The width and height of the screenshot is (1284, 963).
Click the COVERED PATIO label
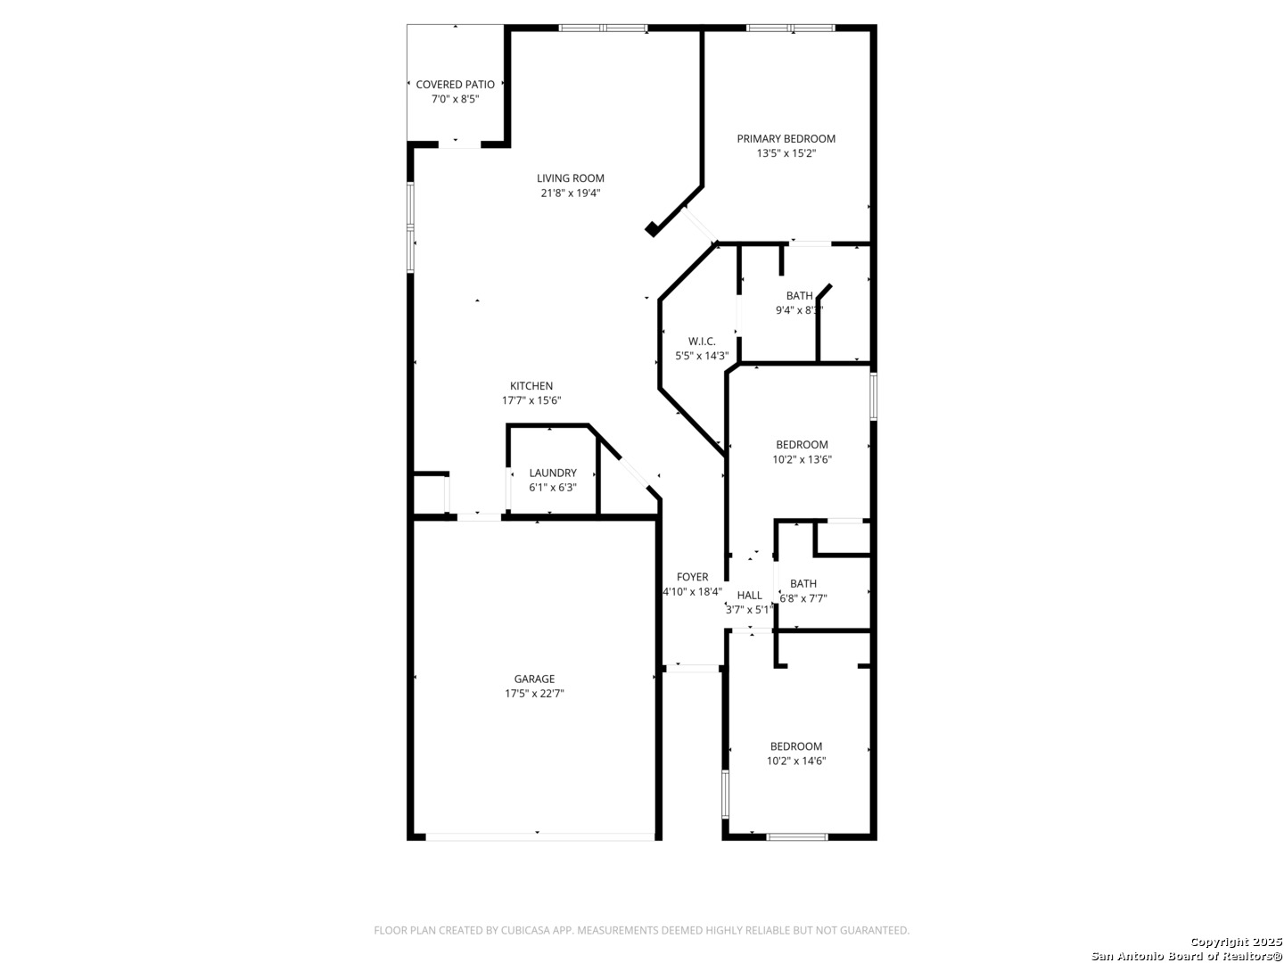(455, 84)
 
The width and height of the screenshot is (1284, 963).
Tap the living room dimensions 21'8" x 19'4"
(571, 193)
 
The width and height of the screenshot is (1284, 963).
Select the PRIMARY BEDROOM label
(786, 138)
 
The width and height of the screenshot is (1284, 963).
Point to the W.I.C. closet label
(702, 341)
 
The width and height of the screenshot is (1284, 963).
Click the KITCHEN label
(531, 386)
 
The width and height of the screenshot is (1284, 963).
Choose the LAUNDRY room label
(553, 473)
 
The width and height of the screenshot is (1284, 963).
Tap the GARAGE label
(534, 679)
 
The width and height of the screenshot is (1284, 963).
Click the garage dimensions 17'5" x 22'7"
(534, 694)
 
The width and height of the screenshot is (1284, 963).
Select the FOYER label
(692, 577)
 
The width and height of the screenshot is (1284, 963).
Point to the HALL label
(749, 596)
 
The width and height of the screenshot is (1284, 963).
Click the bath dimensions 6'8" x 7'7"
(803, 598)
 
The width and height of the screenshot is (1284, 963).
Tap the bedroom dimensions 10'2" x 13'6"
(802, 459)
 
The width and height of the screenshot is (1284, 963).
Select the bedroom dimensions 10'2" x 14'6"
(796, 761)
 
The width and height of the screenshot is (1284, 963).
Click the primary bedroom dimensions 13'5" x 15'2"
(786, 153)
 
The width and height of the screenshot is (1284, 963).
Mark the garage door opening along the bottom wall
(539, 836)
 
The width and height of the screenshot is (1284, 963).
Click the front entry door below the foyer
(693, 669)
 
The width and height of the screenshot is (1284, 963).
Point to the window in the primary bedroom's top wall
(790, 28)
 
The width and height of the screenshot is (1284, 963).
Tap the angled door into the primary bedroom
(700, 225)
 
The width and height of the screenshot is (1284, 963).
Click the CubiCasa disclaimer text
(641, 930)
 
